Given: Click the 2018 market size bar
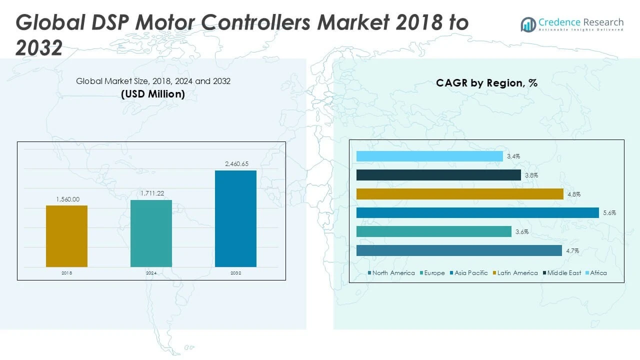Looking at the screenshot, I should [x=66, y=236].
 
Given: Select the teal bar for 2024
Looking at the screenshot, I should [x=151, y=233].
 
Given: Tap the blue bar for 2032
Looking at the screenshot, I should [x=235, y=218].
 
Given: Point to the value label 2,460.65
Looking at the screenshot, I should [x=235, y=163].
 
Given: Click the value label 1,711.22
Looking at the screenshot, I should [x=151, y=193].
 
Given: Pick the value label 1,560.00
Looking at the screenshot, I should [x=67, y=198].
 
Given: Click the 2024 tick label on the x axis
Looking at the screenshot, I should [x=151, y=273].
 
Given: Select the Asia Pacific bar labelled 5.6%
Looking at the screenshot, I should [x=477, y=213].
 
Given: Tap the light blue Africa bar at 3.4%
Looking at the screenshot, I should [x=429, y=156].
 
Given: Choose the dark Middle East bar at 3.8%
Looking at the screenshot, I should [x=438, y=175].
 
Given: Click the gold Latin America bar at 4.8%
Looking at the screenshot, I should [x=460, y=194].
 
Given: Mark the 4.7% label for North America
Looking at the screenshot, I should [x=572, y=251].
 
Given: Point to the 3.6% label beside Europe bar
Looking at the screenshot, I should [x=522, y=232].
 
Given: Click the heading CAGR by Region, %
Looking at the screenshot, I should [x=486, y=83].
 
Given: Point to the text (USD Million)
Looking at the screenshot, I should [x=153, y=94].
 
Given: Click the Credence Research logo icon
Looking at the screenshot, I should [x=528, y=24].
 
